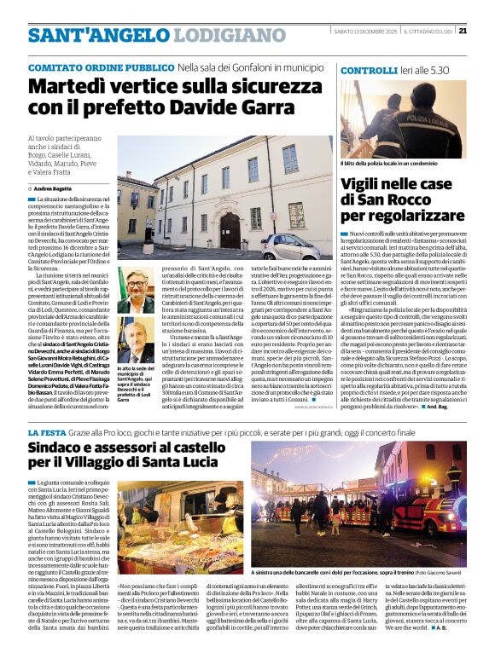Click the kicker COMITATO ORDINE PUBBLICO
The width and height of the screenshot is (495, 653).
[89, 66]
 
